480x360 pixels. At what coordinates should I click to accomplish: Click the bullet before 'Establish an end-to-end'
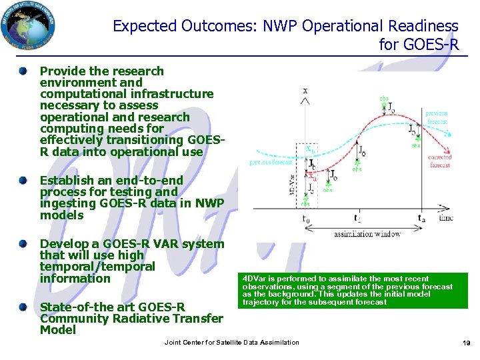coord(24,181)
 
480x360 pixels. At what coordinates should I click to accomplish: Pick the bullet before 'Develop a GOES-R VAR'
coord(24,244)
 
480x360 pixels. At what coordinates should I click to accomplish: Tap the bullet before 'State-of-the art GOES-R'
coord(24,307)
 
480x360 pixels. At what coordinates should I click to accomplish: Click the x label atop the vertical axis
coord(305,90)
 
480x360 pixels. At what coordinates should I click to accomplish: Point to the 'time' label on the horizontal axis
coord(446,217)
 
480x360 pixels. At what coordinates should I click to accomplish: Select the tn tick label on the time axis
coord(421,218)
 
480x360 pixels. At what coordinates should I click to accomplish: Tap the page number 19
coord(466,343)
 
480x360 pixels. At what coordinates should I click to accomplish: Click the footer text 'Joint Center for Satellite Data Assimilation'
coord(231,342)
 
